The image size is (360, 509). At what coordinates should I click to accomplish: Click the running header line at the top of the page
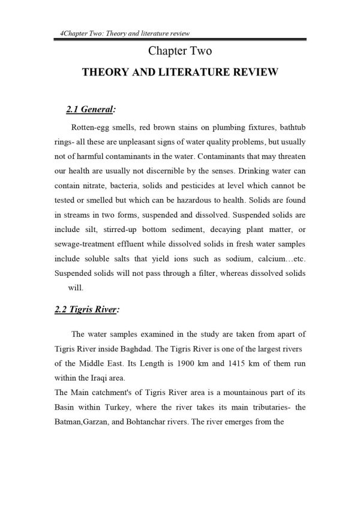(x=130, y=34)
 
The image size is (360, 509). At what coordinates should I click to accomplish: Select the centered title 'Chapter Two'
(x=180, y=52)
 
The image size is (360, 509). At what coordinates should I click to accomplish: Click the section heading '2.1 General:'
(x=91, y=110)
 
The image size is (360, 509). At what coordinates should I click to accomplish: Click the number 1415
(x=234, y=362)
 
